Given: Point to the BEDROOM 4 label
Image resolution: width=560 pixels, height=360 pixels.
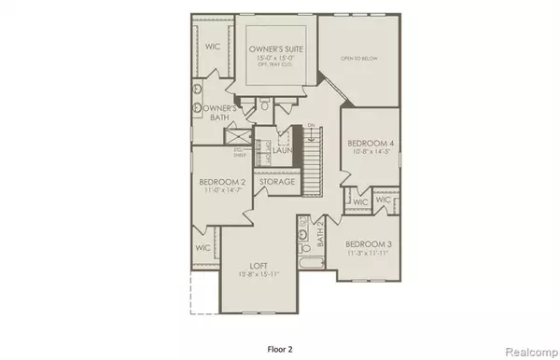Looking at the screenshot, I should pyautogui.click(x=370, y=143).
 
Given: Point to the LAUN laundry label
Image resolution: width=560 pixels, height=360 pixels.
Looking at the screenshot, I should pyautogui.click(x=284, y=148).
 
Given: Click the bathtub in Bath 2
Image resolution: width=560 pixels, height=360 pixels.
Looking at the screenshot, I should pyautogui.click(x=308, y=278).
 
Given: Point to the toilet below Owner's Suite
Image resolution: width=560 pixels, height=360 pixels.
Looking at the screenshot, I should pyautogui.click(x=265, y=107).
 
